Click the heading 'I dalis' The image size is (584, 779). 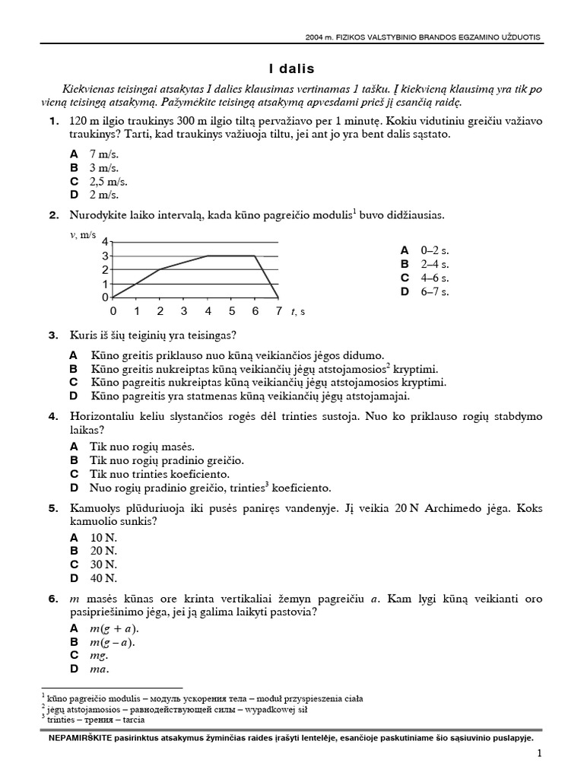[x=292, y=68]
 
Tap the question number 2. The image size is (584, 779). [x=53, y=215]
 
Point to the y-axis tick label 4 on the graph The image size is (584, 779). [x=106, y=242]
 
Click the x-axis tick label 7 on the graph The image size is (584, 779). [x=278, y=311]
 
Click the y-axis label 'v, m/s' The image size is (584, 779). [x=83, y=234]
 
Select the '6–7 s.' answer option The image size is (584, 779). [x=435, y=291]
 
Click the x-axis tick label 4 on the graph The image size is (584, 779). [x=208, y=311]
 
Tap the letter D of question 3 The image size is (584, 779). [x=74, y=396]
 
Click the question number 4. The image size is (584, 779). [x=53, y=416]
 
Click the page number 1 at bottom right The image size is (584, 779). [x=538, y=754]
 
